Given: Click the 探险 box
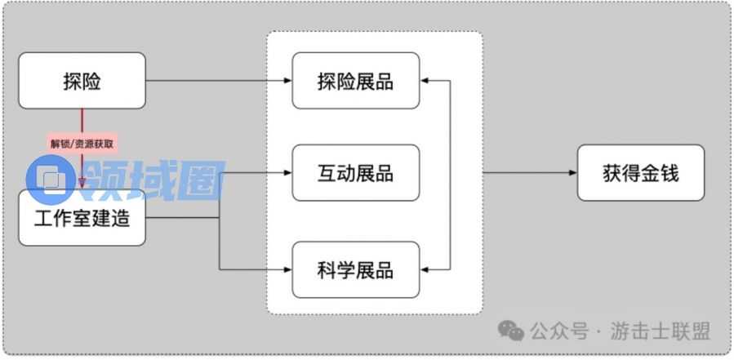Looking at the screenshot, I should (x=82, y=81).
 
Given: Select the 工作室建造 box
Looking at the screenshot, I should (x=82, y=218).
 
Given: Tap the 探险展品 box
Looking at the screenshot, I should (x=356, y=81).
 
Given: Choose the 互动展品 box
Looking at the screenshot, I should (x=356, y=173).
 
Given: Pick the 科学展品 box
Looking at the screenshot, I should (x=356, y=269).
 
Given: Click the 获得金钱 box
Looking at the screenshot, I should (x=641, y=173).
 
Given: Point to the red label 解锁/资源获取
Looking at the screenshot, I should (x=82, y=143).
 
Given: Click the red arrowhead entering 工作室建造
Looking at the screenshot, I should (x=82, y=184).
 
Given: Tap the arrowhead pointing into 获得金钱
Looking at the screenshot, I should (x=572, y=173).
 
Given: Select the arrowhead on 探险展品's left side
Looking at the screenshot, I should (x=287, y=81).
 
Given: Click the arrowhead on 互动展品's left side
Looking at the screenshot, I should (x=287, y=173).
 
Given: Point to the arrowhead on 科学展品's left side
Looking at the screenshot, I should (x=287, y=269).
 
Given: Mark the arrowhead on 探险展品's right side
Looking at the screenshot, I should (x=425, y=81).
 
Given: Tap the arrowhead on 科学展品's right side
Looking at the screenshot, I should (x=425, y=269).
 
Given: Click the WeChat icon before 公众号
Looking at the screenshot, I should (x=512, y=331).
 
